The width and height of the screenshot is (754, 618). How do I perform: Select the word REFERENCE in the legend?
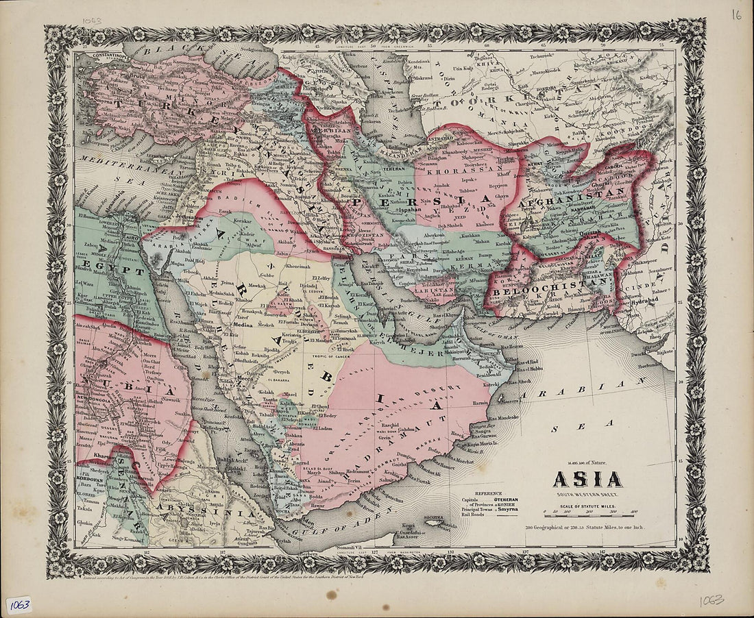[489, 493]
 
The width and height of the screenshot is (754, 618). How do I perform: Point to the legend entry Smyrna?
[508, 510]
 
